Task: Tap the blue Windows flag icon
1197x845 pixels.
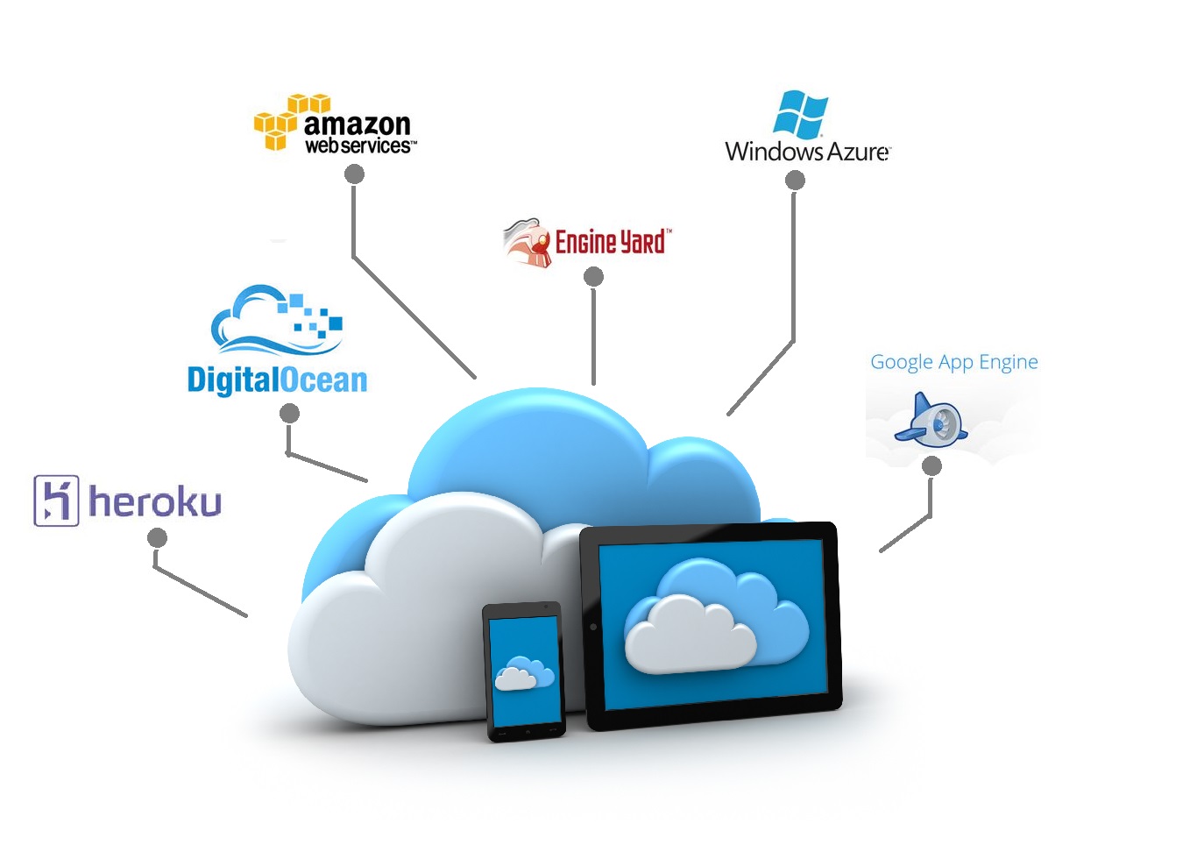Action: coord(801,114)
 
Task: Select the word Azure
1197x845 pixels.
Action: coord(859,152)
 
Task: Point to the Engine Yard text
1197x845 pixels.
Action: coord(612,241)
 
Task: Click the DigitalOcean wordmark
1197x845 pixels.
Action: coord(277,380)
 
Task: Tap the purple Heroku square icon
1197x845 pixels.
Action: coord(56,501)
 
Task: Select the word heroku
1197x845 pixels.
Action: coord(155,502)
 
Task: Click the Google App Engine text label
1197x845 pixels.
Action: coord(953,362)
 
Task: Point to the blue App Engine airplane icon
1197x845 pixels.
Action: coord(931,422)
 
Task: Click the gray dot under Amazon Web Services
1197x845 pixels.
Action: coord(354,174)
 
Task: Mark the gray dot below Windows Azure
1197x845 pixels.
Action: coord(795,181)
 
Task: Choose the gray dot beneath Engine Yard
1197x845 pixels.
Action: coord(593,277)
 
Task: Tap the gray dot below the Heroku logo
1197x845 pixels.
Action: coord(157,537)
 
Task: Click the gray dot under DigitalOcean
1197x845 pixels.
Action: coord(289,413)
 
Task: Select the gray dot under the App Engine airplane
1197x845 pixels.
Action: coord(931,465)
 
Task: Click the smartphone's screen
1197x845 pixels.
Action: coord(524,671)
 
